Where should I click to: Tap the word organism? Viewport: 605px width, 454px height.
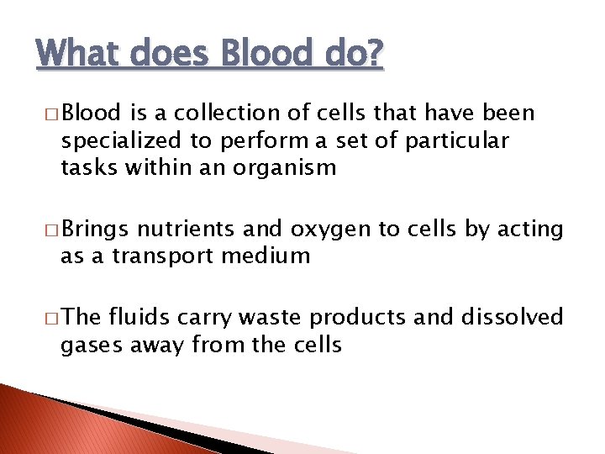tap(285, 167)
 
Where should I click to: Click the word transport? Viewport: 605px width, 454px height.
tap(165, 256)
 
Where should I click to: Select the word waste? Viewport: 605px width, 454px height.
tap(274, 317)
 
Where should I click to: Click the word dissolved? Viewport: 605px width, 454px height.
tap(512, 317)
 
